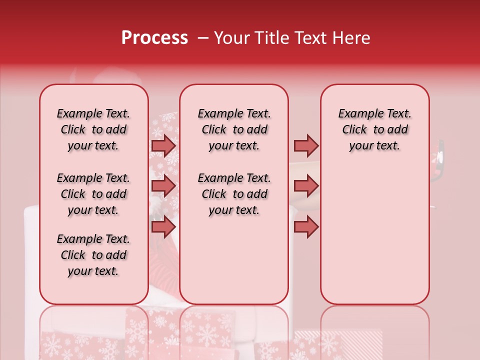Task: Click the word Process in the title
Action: click(154, 38)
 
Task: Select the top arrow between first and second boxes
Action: click(163, 145)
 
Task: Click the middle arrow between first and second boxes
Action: click(163, 186)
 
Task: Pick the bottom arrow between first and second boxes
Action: click(163, 227)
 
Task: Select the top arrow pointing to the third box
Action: click(306, 145)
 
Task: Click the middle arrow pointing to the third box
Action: click(306, 186)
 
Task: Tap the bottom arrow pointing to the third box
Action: click(306, 227)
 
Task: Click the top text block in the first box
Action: click(93, 129)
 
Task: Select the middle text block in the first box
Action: click(93, 194)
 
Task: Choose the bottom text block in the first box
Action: click(93, 255)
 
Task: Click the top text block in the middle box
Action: click(234, 129)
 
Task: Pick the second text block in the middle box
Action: click(234, 194)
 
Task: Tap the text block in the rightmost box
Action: click(374, 129)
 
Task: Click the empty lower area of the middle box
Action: click(234, 260)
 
